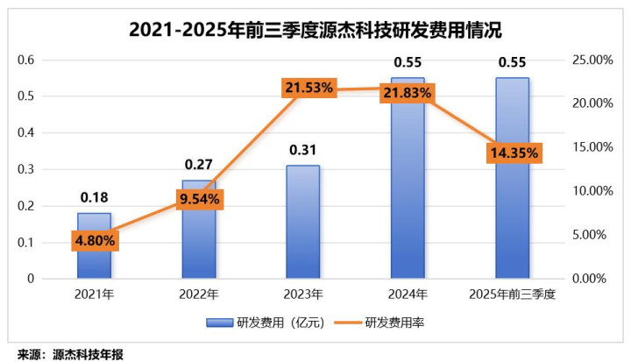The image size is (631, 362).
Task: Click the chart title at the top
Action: click(x=315, y=30)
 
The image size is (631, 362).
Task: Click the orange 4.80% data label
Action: click(x=94, y=239)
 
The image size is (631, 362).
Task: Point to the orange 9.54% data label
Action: click(x=199, y=199)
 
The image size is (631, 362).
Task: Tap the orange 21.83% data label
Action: click(x=408, y=92)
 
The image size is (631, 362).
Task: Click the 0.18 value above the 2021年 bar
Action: click(x=94, y=199)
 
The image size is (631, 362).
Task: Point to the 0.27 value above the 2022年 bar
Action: click(x=199, y=165)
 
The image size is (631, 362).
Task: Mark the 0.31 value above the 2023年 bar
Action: click(x=303, y=150)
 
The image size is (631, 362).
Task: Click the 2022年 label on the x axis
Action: click(x=199, y=294)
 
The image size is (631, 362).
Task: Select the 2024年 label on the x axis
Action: click(x=408, y=294)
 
